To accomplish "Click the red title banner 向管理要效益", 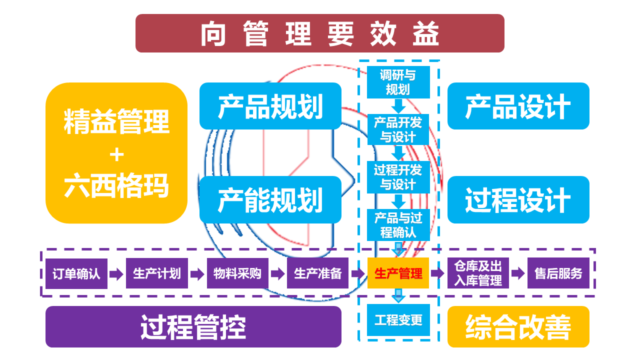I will (320, 33).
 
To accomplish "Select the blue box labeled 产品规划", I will (270, 106).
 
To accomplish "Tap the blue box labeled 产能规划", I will (270, 199).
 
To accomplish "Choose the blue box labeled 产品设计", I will (518, 106).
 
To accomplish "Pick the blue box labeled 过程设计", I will (518, 199).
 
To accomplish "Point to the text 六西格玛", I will (116, 185).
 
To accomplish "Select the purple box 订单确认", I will (76, 273).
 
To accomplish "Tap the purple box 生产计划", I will (157, 273).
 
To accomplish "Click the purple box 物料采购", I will (237, 273).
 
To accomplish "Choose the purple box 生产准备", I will (318, 273).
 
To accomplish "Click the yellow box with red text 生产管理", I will (398, 273).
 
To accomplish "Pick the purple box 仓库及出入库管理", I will (478, 273).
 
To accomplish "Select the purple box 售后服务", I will (558, 273).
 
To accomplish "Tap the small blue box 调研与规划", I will (398, 82).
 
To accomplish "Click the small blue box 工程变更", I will (398, 320).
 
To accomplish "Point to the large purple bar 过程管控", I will (193, 327).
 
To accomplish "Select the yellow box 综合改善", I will (518, 327).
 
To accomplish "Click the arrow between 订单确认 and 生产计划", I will (116, 274).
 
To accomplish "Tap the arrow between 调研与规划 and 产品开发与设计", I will (398, 106).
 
